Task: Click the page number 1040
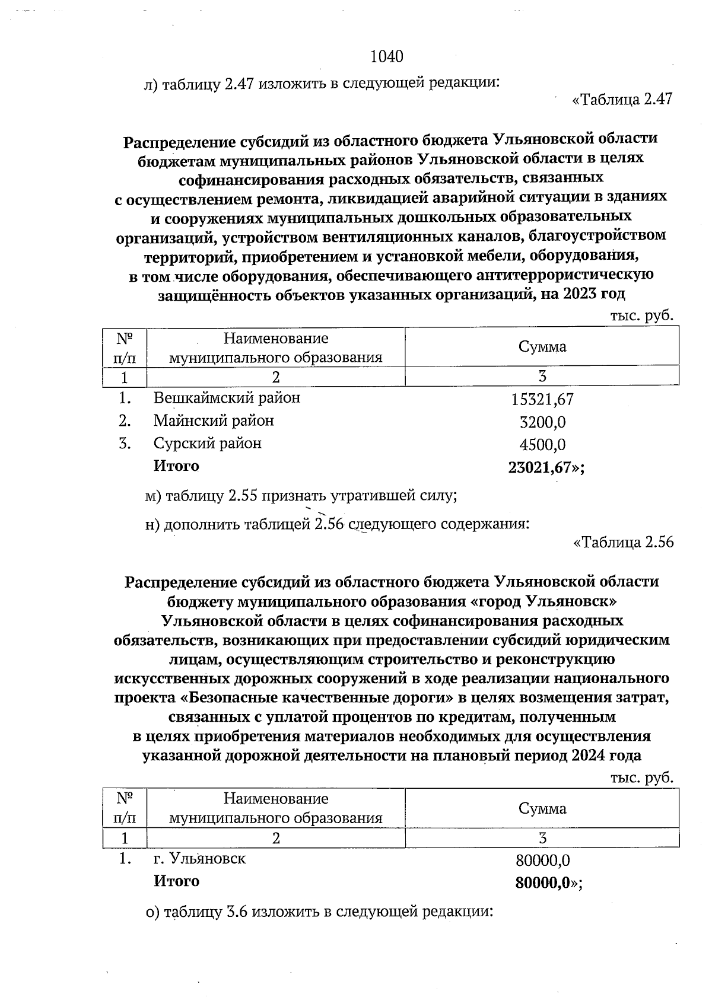pyautogui.click(x=386, y=57)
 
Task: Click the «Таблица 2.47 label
pyautogui.click(x=622, y=99)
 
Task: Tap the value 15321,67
pyautogui.click(x=542, y=400)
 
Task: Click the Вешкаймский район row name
pyautogui.click(x=227, y=397)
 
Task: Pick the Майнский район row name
pyautogui.click(x=214, y=421)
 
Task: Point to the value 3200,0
pyautogui.click(x=542, y=422)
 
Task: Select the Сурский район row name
pyautogui.click(x=207, y=444)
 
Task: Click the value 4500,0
pyautogui.click(x=542, y=445)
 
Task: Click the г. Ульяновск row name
pyautogui.click(x=199, y=858)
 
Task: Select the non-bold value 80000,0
pyautogui.click(x=542, y=860)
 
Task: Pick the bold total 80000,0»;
pyautogui.click(x=548, y=883)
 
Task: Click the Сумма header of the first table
pyautogui.click(x=542, y=347)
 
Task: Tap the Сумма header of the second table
pyautogui.click(x=542, y=808)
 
